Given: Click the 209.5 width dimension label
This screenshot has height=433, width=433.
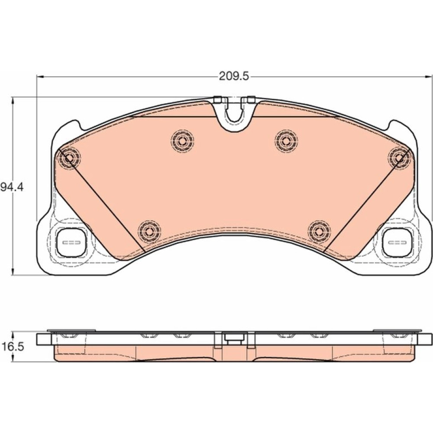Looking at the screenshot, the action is click(234, 76).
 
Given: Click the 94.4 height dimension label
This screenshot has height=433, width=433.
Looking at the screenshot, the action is click(12, 187).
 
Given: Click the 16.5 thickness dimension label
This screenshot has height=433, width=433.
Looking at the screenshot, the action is click(13, 346).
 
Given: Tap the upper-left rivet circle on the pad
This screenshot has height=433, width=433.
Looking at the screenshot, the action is click(182, 141).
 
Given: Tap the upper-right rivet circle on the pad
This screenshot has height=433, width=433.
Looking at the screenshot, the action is click(286, 141).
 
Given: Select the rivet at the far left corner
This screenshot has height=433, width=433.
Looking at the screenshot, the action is click(69, 158).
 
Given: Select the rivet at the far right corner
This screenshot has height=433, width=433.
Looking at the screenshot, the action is click(399, 158).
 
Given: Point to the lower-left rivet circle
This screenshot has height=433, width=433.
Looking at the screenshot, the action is click(149, 232).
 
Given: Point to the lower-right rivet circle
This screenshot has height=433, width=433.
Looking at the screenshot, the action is click(319, 232).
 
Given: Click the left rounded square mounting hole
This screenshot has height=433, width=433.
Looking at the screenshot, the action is click(71, 242).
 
